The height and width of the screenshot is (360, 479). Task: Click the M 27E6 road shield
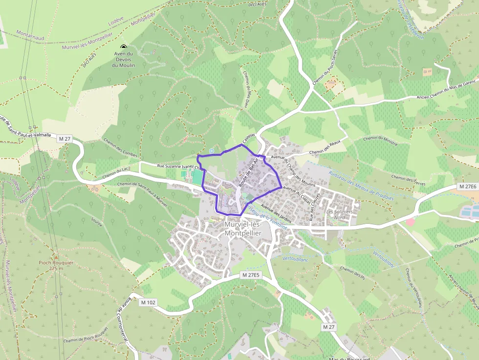coord(468,187)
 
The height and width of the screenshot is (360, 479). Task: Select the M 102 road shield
coord(148,302)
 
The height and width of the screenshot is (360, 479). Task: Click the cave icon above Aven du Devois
coord(123,46)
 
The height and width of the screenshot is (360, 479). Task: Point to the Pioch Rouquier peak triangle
coord(56,256)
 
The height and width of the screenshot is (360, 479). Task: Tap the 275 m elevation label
coord(56,268)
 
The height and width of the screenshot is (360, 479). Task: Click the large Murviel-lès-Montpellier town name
coord(243,229)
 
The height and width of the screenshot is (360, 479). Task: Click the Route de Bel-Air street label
coord(248,173)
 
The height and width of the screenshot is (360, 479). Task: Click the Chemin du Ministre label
coord(381,140)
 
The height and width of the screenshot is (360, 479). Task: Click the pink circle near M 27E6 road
coord(410,222)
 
